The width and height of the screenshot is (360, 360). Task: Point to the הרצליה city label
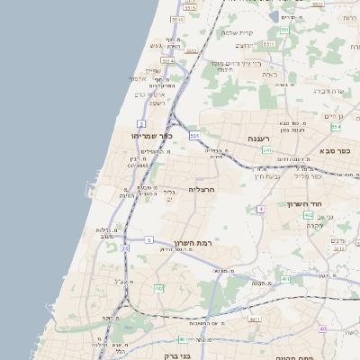click(203, 190)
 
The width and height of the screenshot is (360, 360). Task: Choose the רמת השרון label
click(193, 243)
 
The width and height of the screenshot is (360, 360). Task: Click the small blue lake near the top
click(274, 16)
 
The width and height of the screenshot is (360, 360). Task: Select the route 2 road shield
click(141, 122)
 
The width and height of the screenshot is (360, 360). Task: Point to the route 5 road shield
click(149, 240)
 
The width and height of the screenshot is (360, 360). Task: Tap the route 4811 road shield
click(255, 318)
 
